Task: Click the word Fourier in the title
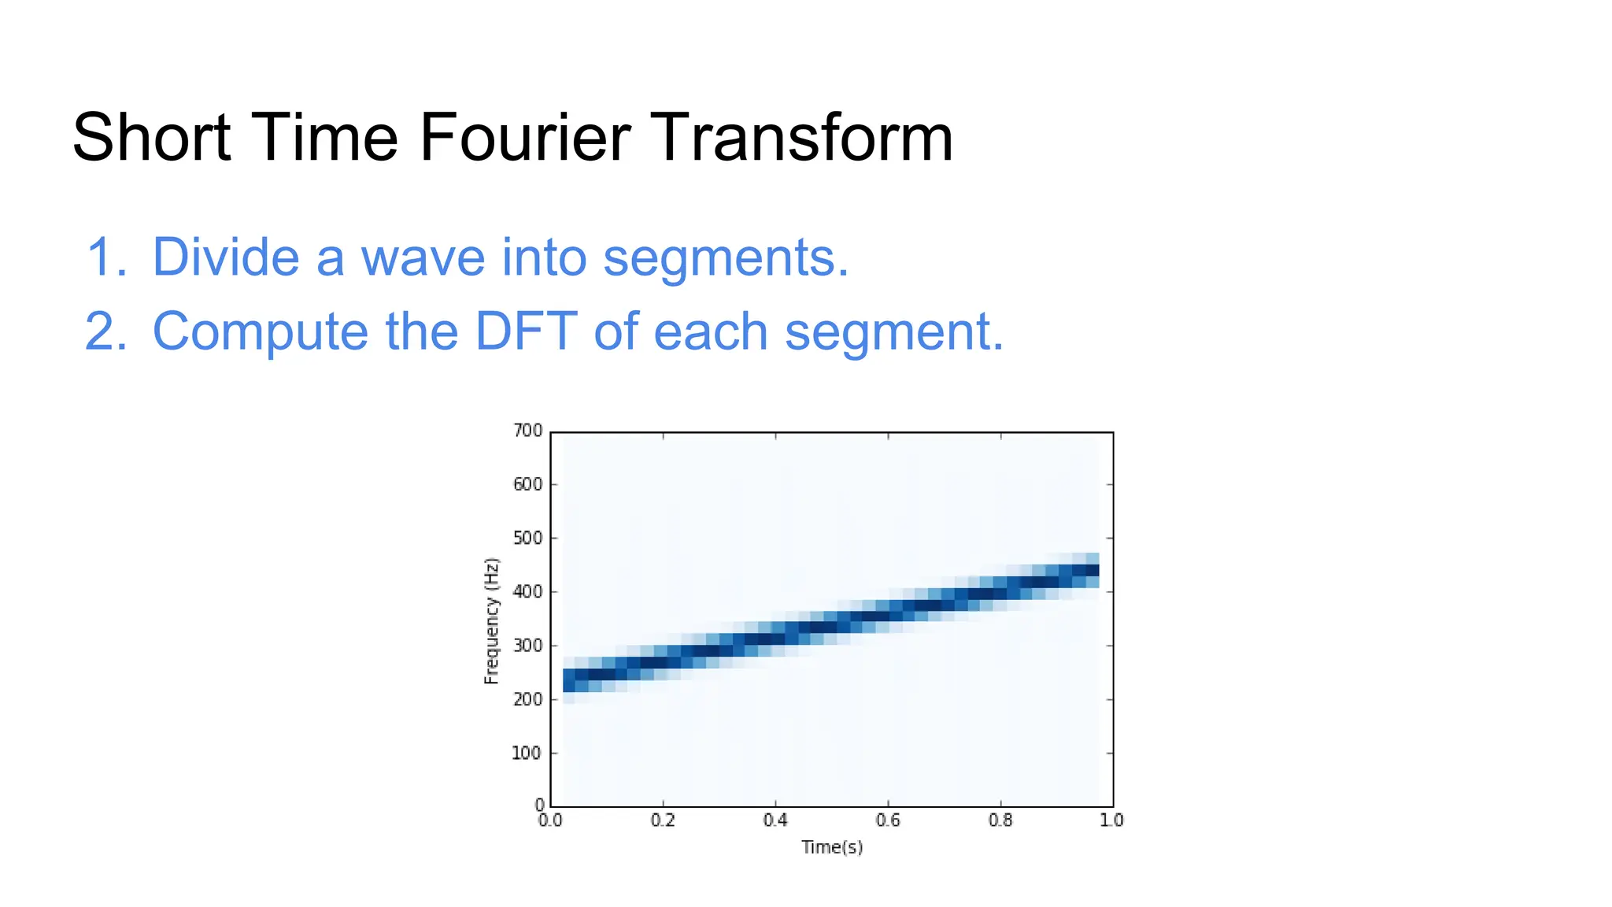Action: coord(524,138)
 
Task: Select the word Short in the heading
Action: coord(151,138)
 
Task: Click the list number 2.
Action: coord(105,331)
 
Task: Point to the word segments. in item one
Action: coord(726,258)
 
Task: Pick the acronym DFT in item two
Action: coord(526,331)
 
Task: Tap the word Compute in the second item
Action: coord(260,332)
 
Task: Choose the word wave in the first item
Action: coord(423,258)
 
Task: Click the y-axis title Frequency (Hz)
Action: coord(491,620)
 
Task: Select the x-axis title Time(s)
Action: coord(832,847)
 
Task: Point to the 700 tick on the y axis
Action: coord(527,431)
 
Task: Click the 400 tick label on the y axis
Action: coord(527,591)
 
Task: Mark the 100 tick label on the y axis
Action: coord(527,753)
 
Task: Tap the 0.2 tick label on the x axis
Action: coord(663,820)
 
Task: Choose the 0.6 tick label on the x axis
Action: coord(888,820)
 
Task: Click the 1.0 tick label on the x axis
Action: coord(1111,820)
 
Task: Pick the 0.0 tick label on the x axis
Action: coord(550,820)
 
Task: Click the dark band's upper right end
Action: coord(1090,571)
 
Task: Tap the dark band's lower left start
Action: coord(570,679)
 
